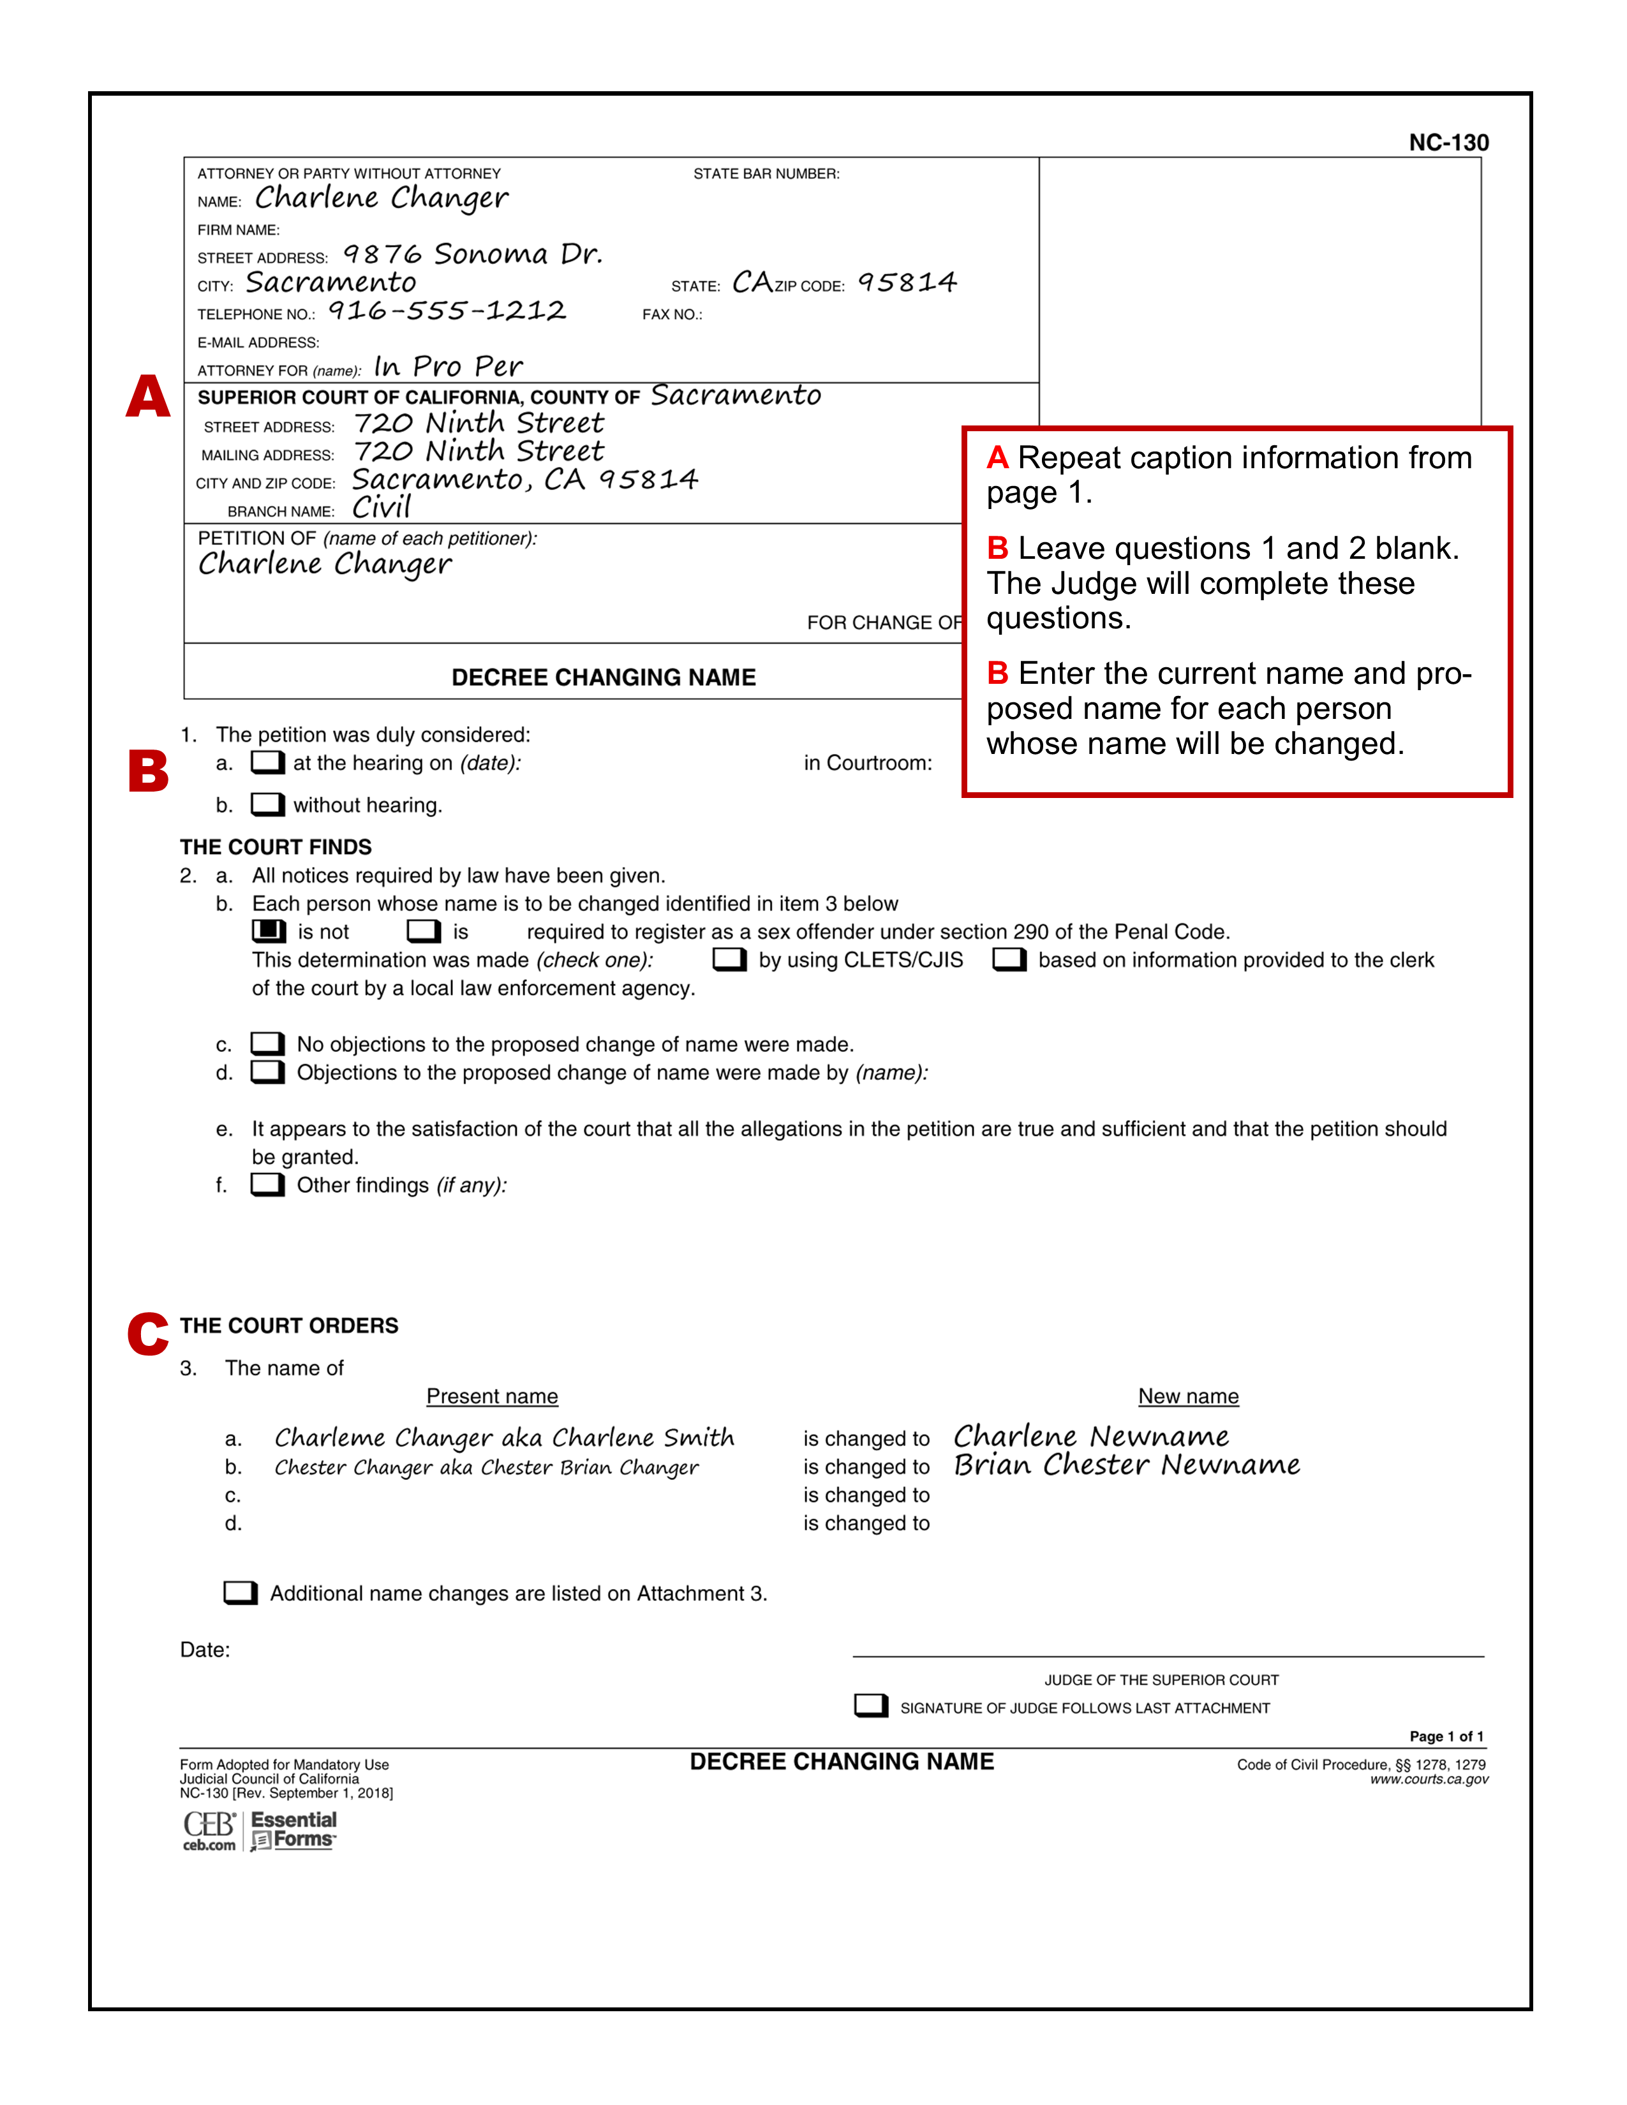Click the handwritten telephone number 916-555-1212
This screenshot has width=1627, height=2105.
tap(447, 311)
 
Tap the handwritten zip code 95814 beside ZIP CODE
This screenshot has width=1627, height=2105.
tap(907, 283)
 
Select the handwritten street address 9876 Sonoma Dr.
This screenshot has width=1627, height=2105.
tap(472, 255)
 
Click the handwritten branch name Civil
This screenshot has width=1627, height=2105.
tap(382, 508)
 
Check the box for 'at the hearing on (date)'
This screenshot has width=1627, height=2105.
tap(268, 762)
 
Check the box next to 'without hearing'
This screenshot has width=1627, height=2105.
tap(268, 805)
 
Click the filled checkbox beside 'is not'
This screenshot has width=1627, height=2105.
tap(269, 931)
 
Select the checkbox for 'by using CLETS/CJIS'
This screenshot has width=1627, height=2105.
tap(730, 960)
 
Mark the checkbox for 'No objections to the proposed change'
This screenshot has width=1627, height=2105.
tap(268, 1044)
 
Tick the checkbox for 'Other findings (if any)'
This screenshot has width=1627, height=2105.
tap(268, 1185)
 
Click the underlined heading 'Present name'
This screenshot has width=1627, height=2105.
tap(491, 1396)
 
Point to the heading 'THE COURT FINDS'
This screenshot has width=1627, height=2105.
tap(276, 847)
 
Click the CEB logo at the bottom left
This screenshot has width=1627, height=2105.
tap(210, 1830)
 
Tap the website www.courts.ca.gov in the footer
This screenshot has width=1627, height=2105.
tap(1429, 1779)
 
